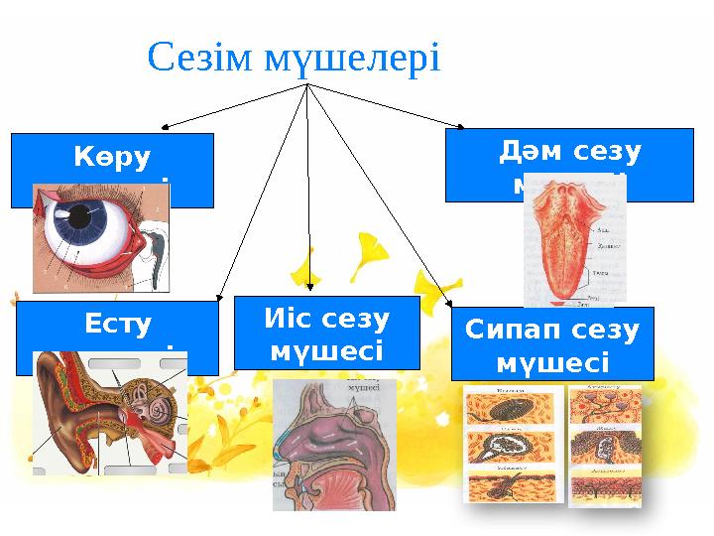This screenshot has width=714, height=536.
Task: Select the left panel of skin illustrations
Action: coord(513,444)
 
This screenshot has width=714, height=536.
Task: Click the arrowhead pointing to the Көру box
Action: coord(166,127)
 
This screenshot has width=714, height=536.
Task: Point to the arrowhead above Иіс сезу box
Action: coord(309,291)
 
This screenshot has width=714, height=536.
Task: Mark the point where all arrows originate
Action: coord(307,85)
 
